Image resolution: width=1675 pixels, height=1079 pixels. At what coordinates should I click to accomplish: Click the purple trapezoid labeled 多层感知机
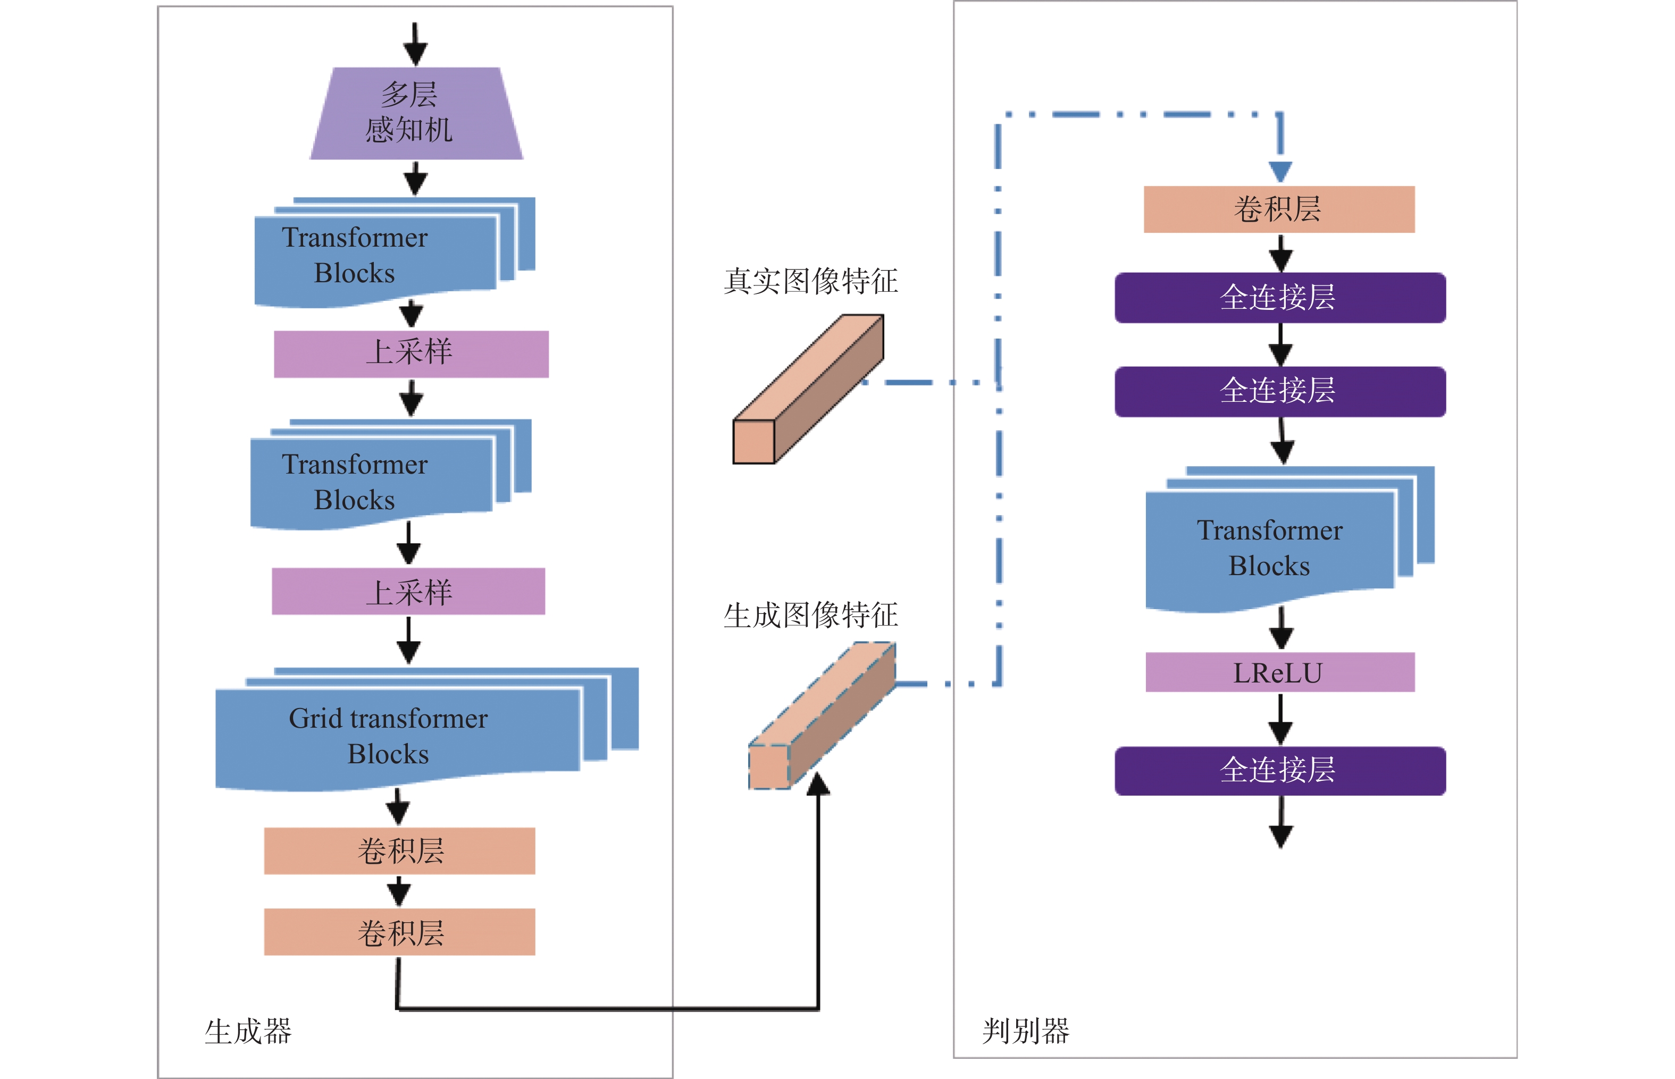416,114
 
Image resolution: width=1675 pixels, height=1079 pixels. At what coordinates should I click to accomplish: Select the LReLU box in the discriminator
1279,672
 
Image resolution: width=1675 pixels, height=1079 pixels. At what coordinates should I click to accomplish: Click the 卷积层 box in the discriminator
1278,209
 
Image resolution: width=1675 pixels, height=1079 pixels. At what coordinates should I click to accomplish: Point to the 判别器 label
1025,1031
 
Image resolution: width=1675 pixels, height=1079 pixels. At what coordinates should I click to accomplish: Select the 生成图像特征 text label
810,615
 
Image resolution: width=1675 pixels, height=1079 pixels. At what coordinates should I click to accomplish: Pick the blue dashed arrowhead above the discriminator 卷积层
1280,171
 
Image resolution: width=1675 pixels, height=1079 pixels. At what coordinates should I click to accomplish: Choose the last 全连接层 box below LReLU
1279,770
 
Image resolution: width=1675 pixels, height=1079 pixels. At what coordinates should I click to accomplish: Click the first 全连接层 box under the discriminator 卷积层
1279,298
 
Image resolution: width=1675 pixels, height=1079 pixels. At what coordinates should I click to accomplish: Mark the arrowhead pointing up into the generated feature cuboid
818,785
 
